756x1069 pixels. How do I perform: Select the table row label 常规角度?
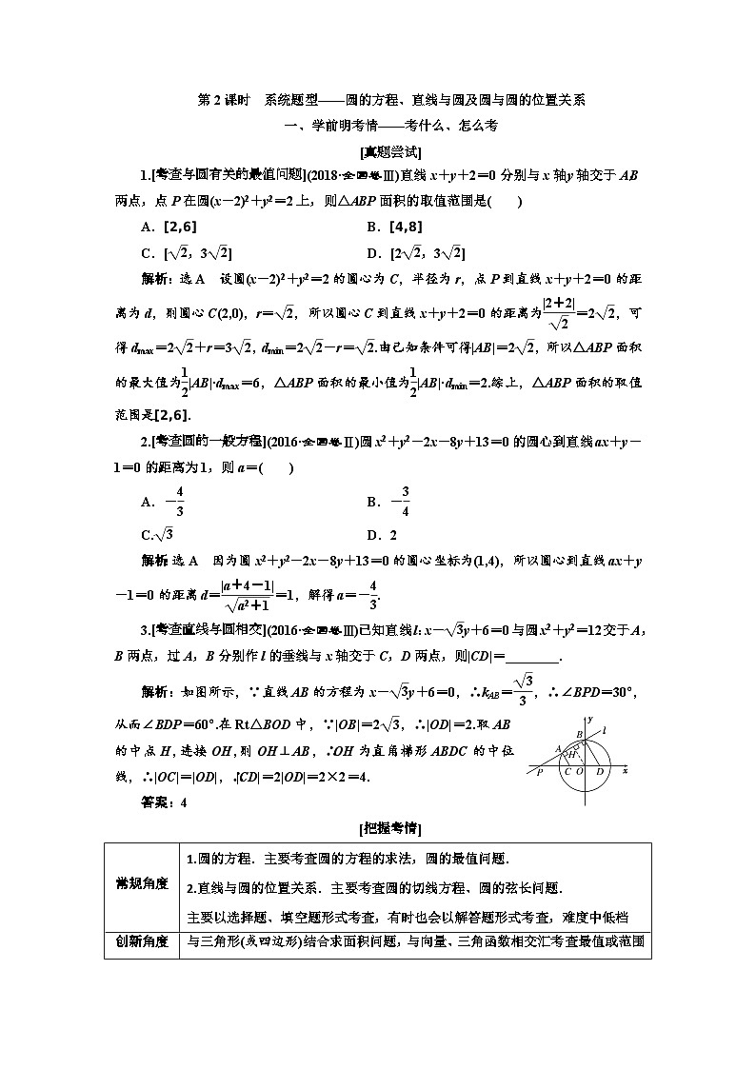tap(136, 884)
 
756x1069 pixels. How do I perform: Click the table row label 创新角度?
tap(136, 943)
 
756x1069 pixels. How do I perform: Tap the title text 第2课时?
tap(216, 99)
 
